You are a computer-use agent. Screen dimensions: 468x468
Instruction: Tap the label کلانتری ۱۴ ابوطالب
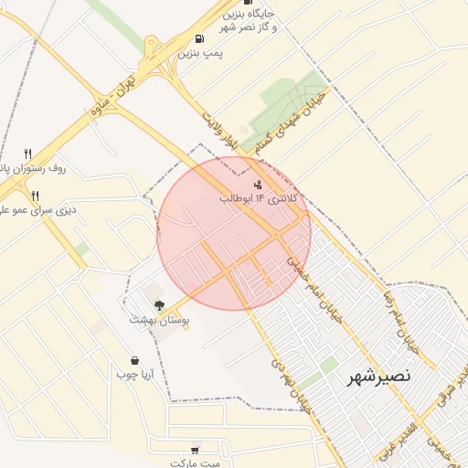tap(256, 197)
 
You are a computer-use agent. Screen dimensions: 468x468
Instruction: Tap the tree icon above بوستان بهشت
tap(159, 305)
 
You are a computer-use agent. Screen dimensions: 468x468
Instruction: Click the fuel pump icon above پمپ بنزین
tap(199, 39)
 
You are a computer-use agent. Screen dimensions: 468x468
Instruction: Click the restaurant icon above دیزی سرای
tap(36, 195)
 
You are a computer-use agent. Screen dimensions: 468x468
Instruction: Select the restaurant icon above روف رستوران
tap(28, 154)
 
